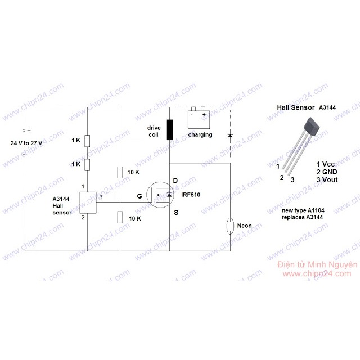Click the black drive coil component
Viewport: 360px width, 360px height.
click(x=170, y=129)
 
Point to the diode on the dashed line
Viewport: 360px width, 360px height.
click(x=229, y=136)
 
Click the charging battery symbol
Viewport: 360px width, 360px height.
click(x=199, y=119)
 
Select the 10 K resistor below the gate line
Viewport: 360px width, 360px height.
click(x=120, y=217)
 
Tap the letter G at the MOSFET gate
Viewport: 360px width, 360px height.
click(x=139, y=196)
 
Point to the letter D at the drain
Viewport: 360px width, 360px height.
click(x=175, y=181)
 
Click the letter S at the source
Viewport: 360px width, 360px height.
click(x=175, y=212)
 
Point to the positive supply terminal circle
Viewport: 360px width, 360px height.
click(x=24, y=130)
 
